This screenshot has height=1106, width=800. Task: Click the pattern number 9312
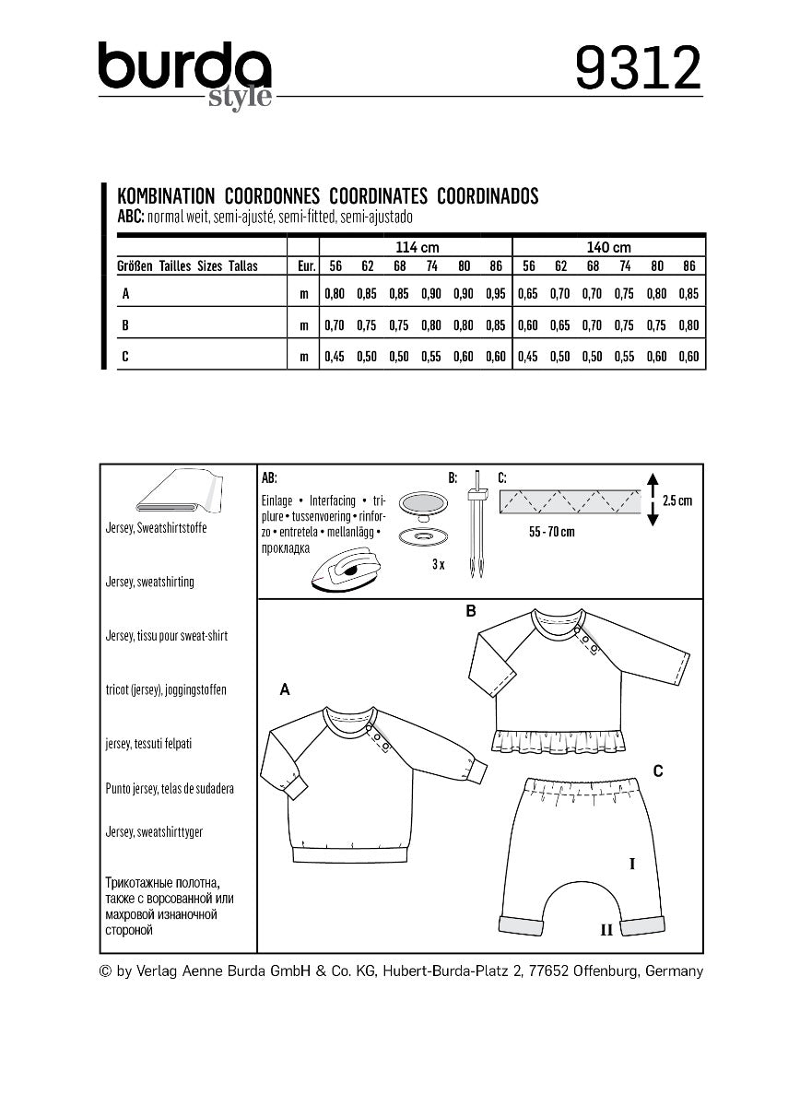click(638, 68)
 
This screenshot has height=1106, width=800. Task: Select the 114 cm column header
click(417, 247)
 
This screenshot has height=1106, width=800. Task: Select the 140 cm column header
click(608, 247)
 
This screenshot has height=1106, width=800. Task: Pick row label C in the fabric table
click(124, 357)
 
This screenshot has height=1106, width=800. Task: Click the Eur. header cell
click(304, 266)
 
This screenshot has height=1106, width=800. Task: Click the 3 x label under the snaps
click(438, 565)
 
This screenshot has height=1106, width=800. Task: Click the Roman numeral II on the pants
click(606, 930)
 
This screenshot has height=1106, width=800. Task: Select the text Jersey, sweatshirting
click(149, 582)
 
